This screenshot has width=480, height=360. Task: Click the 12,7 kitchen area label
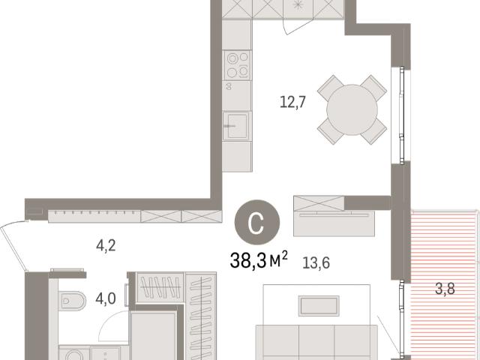click(x=292, y=102)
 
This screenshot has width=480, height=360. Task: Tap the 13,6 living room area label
click(x=316, y=262)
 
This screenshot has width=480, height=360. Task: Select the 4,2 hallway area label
click(x=106, y=245)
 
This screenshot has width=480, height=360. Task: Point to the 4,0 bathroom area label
click(x=106, y=298)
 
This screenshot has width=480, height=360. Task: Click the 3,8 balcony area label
click(x=445, y=288)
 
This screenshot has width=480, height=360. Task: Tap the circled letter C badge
click(x=257, y=222)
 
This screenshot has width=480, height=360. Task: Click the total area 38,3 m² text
click(x=259, y=260)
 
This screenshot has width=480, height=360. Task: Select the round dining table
click(x=352, y=109)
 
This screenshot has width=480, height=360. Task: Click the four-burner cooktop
click(x=238, y=65)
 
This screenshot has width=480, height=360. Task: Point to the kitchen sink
click(x=237, y=125)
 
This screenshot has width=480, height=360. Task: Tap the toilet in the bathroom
click(x=72, y=301)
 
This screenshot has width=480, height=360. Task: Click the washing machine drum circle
click(x=74, y=355)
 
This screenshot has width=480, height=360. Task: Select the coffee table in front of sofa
click(x=319, y=306)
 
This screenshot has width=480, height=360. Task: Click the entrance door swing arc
click(x=13, y=245)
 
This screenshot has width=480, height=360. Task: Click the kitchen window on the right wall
click(x=401, y=115)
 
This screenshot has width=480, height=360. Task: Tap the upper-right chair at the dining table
click(x=373, y=88)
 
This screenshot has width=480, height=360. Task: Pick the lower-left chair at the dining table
click(x=331, y=131)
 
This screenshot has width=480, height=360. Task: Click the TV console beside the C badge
click(x=334, y=223)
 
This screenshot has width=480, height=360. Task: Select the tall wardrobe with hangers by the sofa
click(x=201, y=316)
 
